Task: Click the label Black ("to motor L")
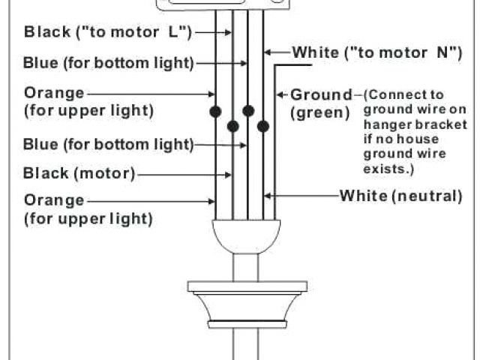tap(109, 31)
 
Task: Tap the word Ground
tap(321, 94)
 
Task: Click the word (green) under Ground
tap(320, 112)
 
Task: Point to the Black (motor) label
tap(79, 174)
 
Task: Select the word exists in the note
tap(388, 169)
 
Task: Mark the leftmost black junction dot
tap(215, 112)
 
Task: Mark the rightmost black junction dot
tap(263, 126)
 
